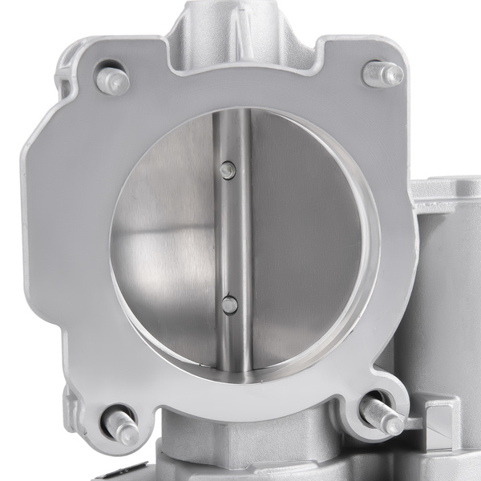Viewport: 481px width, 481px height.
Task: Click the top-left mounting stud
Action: tap(112, 80)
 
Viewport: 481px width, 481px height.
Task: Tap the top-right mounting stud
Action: tap(382, 75)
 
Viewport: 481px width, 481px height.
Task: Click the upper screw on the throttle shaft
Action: tap(228, 169)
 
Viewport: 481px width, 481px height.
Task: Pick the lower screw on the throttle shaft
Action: tap(230, 304)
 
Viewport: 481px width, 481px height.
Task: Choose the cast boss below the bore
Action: tap(240, 449)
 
